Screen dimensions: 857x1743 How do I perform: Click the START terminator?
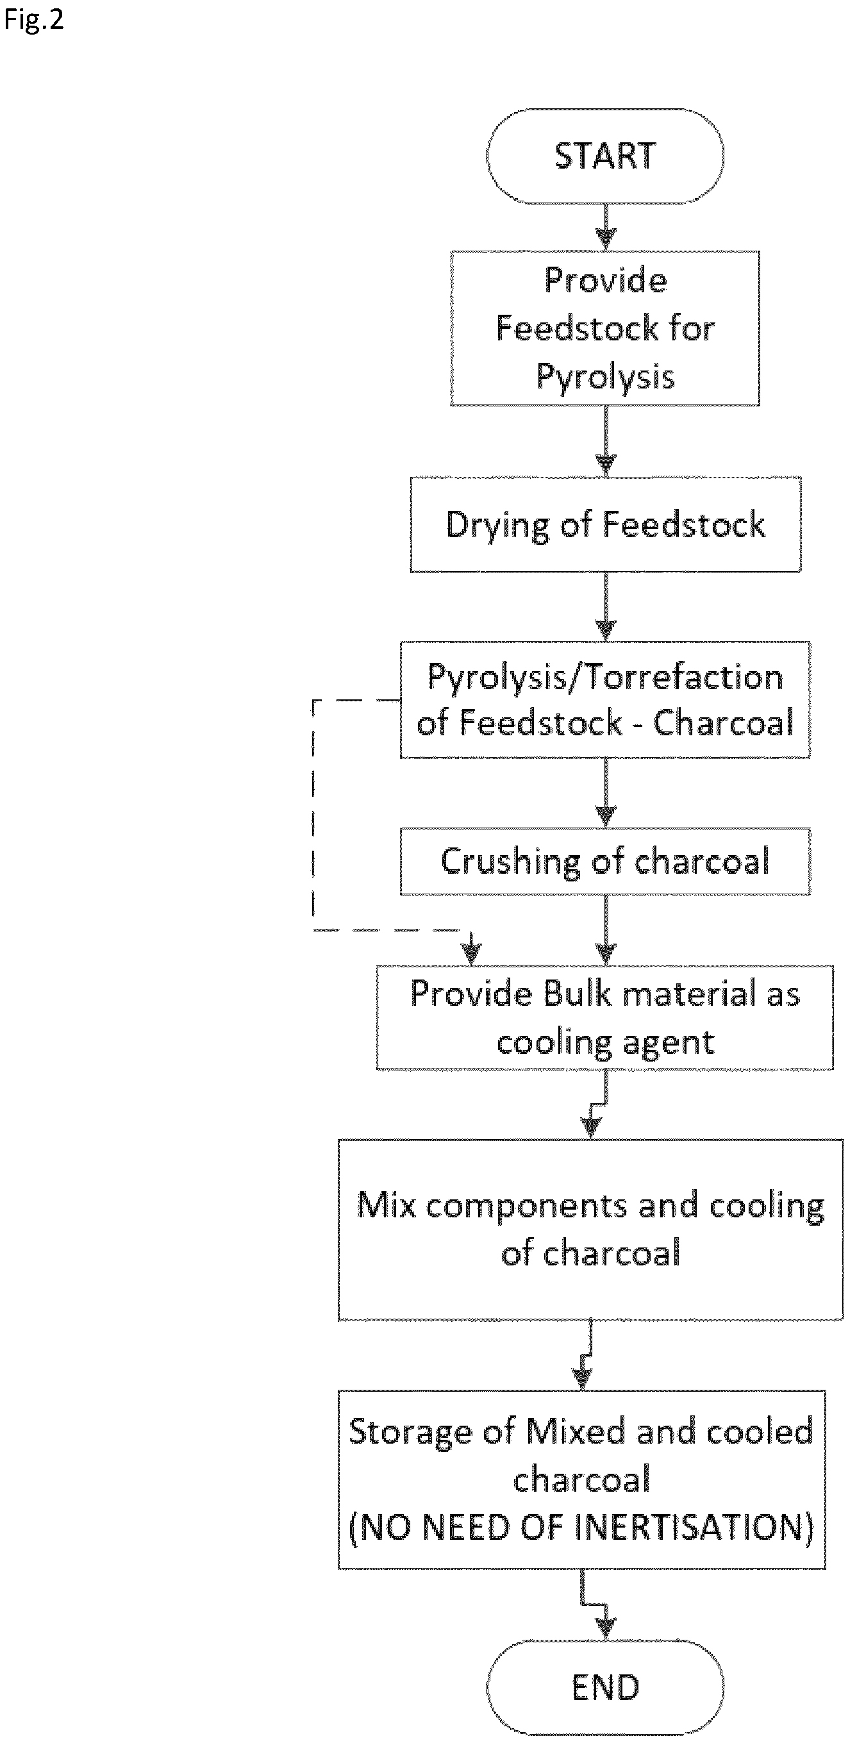tap(604, 156)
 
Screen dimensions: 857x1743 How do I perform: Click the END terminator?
tap(604, 1689)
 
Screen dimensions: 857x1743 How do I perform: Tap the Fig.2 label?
tap(34, 20)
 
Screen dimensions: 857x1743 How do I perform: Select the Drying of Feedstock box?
tap(605, 525)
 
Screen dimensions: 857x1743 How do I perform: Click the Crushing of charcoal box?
tap(604, 862)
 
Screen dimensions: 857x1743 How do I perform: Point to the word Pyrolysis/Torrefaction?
tap(605, 678)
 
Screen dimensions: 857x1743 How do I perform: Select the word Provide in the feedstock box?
tap(605, 280)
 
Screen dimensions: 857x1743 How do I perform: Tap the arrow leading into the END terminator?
tap(595, 1605)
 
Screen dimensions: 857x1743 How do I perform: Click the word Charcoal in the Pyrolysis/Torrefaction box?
tap(723, 722)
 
